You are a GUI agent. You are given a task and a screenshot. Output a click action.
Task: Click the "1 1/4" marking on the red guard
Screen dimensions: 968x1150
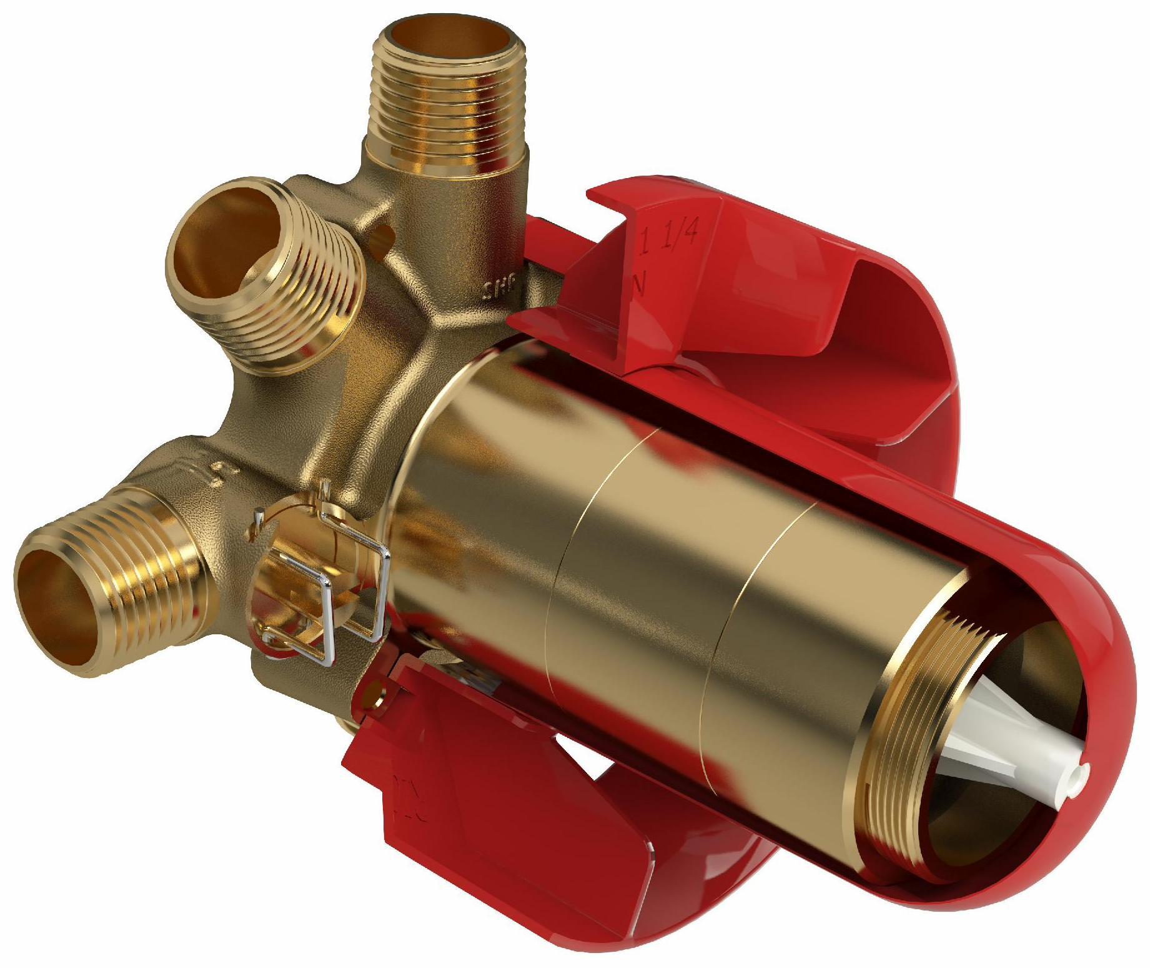click(673, 238)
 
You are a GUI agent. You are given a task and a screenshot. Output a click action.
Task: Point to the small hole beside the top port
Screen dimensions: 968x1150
click(383, 236)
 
